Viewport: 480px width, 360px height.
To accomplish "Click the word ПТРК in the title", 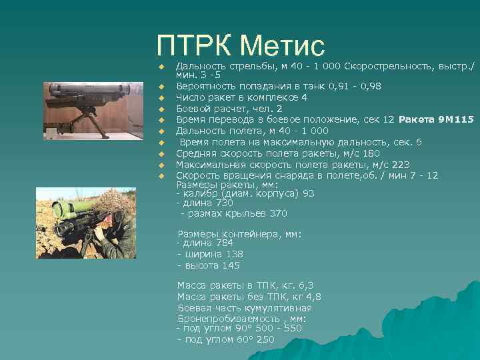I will coord(193,45).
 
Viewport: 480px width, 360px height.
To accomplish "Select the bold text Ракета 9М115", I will coord(436,119).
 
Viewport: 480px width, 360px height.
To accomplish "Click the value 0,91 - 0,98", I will coord(357,87).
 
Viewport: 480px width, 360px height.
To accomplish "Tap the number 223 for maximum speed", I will coord(401,165).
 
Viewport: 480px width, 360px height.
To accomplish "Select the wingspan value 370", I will coord(278,214).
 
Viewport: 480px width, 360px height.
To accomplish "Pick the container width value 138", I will coord(233,254).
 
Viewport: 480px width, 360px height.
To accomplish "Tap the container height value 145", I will coord(231,265).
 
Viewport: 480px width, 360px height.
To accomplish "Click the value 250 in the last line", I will coord(265,339).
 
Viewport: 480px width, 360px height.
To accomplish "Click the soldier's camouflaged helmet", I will coord(111,203).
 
